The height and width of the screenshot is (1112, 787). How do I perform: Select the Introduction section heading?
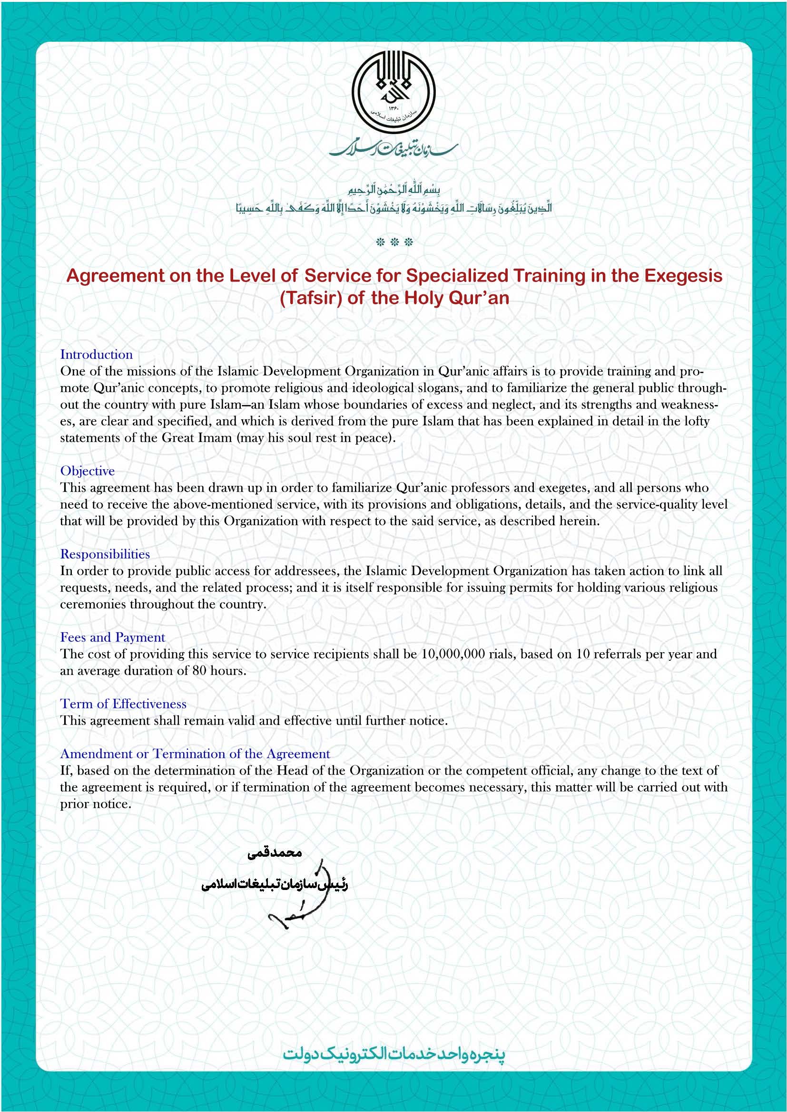click(x=96, y=354)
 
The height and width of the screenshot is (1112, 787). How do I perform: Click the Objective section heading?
click(x=87, y=471)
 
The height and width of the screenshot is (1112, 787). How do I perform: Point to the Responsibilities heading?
click(x=105, y=554)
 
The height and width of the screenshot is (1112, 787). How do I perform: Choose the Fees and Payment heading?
click(x=112, y=638)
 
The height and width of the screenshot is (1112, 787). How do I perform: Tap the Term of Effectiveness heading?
click(x=123, y=704)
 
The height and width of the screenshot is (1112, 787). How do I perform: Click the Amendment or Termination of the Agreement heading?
click(x=195, y=754)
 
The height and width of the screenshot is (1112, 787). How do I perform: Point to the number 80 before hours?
click(x=199, y=671)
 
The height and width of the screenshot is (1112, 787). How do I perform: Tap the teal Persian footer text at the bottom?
click(x=393, y=1054)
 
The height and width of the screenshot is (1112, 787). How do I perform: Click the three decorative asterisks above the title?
click(x=394, y=242)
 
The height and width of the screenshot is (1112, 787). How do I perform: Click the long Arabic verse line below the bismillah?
click(x=393, y=209)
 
